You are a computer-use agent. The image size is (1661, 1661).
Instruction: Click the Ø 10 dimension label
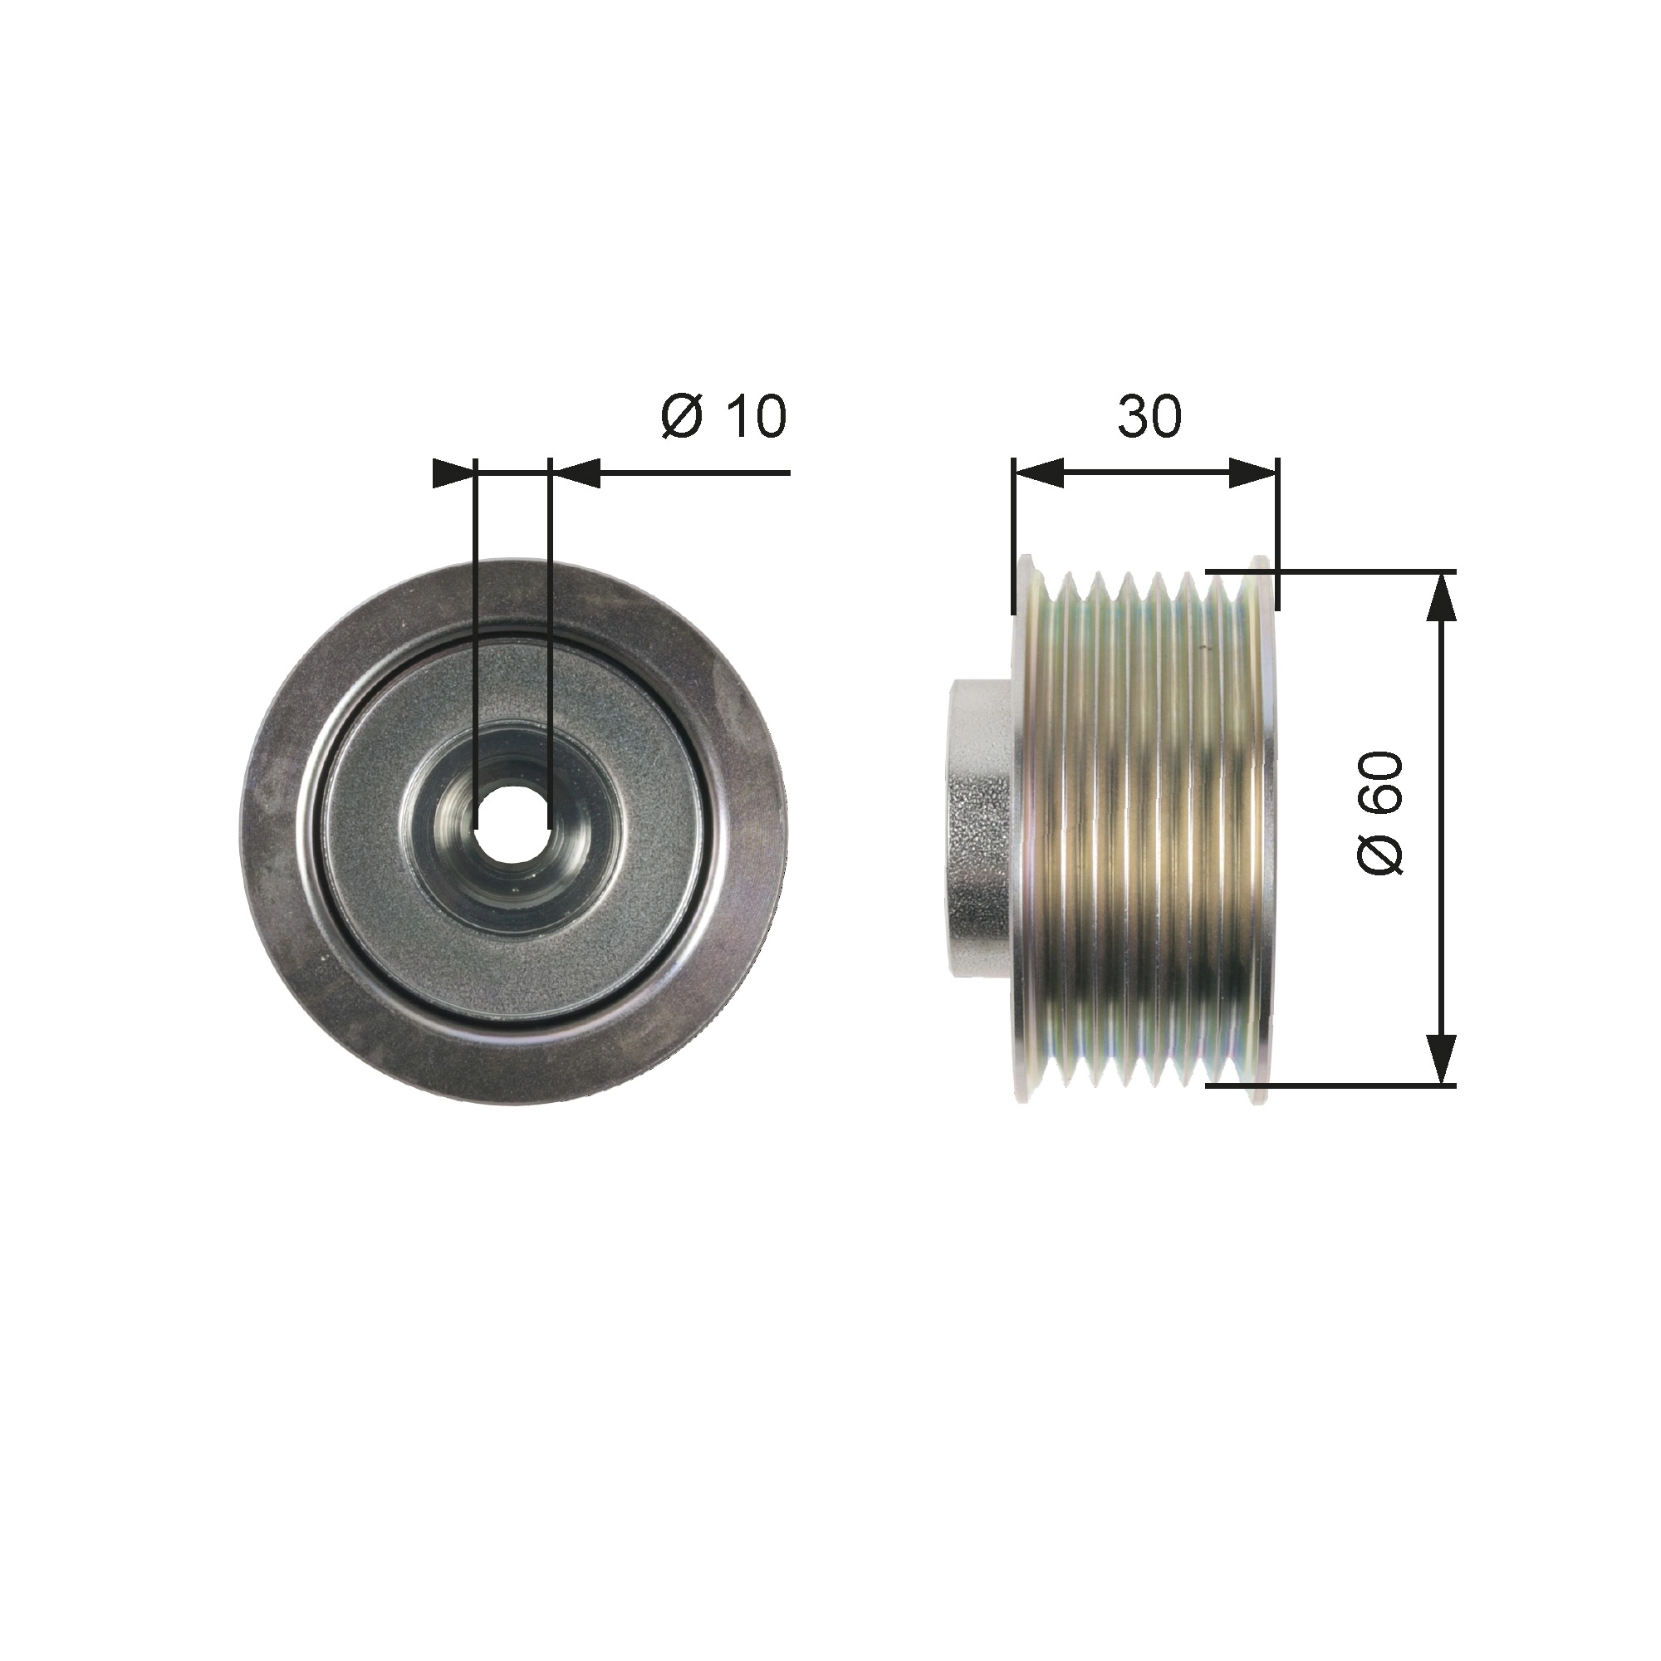tap(723, 417)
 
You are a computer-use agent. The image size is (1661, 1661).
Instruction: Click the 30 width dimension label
tap(1149, 417)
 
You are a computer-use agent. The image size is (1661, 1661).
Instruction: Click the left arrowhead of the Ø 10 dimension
tap(453, 473)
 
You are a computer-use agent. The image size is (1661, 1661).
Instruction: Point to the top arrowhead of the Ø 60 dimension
tap(1441, 597)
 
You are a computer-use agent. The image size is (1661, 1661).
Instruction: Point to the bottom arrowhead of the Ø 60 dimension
tap(1441, 1059)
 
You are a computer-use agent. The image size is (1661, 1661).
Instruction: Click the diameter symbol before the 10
tap(683, 417)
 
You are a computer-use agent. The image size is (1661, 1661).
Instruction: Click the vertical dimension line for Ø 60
tap(1441, 827)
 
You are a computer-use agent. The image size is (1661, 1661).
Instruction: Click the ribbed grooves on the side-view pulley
tap(1144, 827)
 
